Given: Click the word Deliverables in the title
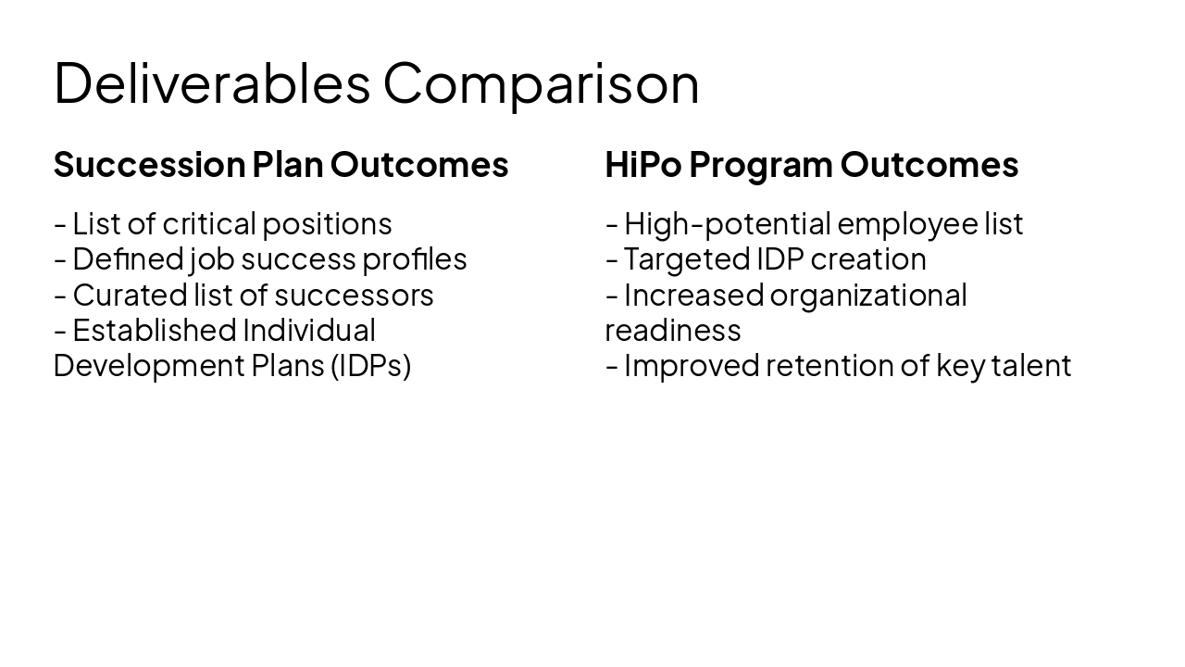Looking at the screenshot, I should coord(211,82).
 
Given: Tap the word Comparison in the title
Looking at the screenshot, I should coord(541,82).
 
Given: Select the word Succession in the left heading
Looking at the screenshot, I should coord(149,165).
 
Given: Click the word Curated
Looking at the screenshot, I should coord(117,295).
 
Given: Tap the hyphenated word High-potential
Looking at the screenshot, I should coord(727,224).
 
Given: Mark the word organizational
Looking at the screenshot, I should coord(867,295).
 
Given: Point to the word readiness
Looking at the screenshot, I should coord(673,330).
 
